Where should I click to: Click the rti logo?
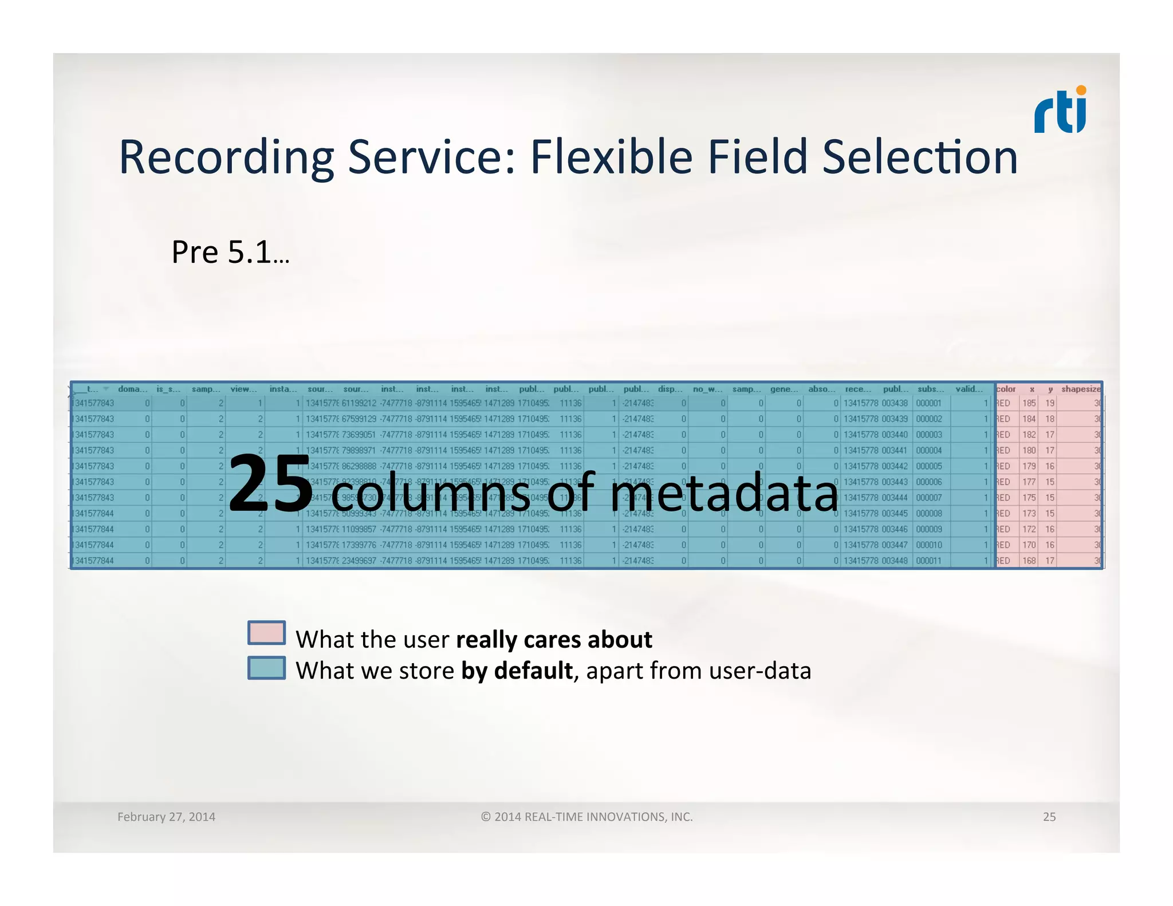(1060, 111)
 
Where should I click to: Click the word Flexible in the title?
(611, 157)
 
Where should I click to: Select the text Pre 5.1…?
(230, 252)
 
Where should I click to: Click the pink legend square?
(266, 633)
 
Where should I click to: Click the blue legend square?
(266, 668)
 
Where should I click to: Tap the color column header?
(1006, 389)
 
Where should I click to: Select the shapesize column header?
(1081, 389)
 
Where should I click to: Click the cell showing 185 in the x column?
(1029, 403)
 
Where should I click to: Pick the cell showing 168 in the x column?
(1029, 561)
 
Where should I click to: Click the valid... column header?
(969, 389)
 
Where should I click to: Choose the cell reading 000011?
(928, 561)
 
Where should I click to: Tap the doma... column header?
(133, 389)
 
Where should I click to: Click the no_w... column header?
(707, 389)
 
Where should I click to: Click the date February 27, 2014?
(166, 817)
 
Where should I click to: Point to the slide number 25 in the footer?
(1049, 817)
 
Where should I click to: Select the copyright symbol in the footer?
(486, 817)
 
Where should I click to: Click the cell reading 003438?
(895, 403)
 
